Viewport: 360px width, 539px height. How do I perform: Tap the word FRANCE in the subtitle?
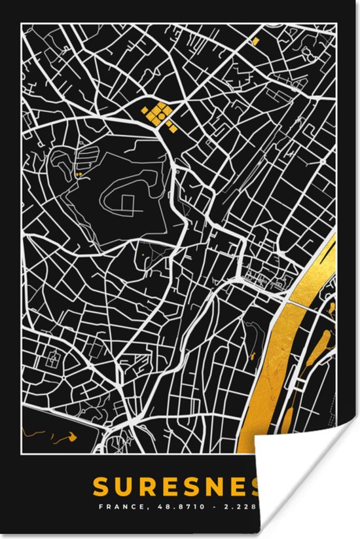pyautogui.click(x=117, y=506)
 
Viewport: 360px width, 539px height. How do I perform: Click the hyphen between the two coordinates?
pyautogui.click(x=215, y=506)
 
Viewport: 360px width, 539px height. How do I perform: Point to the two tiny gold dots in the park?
pyautogui.click(x=79, y=175)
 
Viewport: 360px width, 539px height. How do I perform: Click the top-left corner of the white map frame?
pyautogui.click(x=21, y=23)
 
